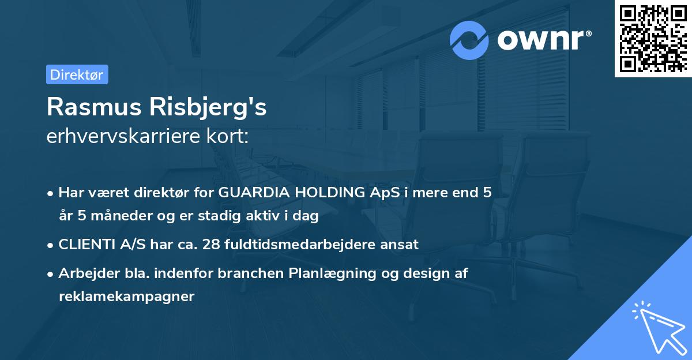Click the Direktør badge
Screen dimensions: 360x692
point(77,75)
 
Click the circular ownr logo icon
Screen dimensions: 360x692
point(470,40)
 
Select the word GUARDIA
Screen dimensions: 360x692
point(252,193)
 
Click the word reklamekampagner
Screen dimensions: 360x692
point(127,297)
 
